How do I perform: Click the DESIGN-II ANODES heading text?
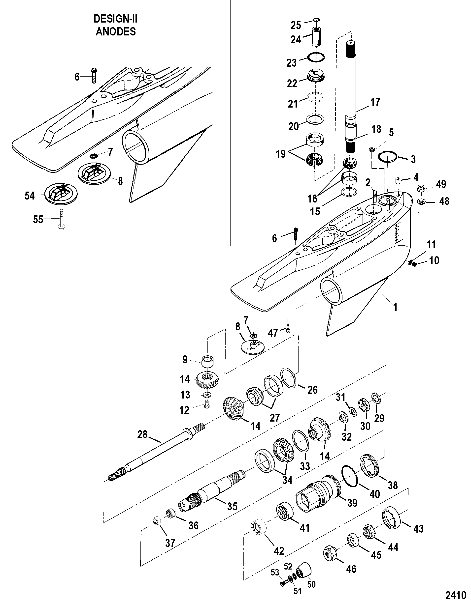tap(116, 25)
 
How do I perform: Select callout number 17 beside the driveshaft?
tap(375, 102)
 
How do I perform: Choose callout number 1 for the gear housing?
tap(395, 307)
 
